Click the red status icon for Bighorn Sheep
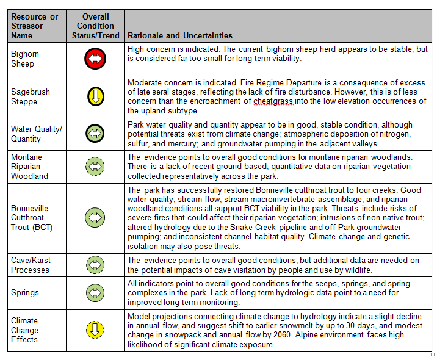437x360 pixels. point(95,59)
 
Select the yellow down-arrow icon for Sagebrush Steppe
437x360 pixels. point(95,96)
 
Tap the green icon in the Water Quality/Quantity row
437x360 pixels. point(95,134)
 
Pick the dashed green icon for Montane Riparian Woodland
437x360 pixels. point(95,166)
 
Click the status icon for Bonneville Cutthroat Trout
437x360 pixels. point(95,217)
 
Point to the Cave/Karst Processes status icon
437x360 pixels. point(95,265)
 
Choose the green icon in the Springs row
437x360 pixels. point(95,292)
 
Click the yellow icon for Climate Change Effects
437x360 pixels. point(95,330)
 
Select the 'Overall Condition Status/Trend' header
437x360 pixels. point(95,26)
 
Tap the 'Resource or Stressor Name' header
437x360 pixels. point(34,26)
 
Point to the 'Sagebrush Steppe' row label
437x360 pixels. point(31,96)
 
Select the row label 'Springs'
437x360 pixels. point(24,293)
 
